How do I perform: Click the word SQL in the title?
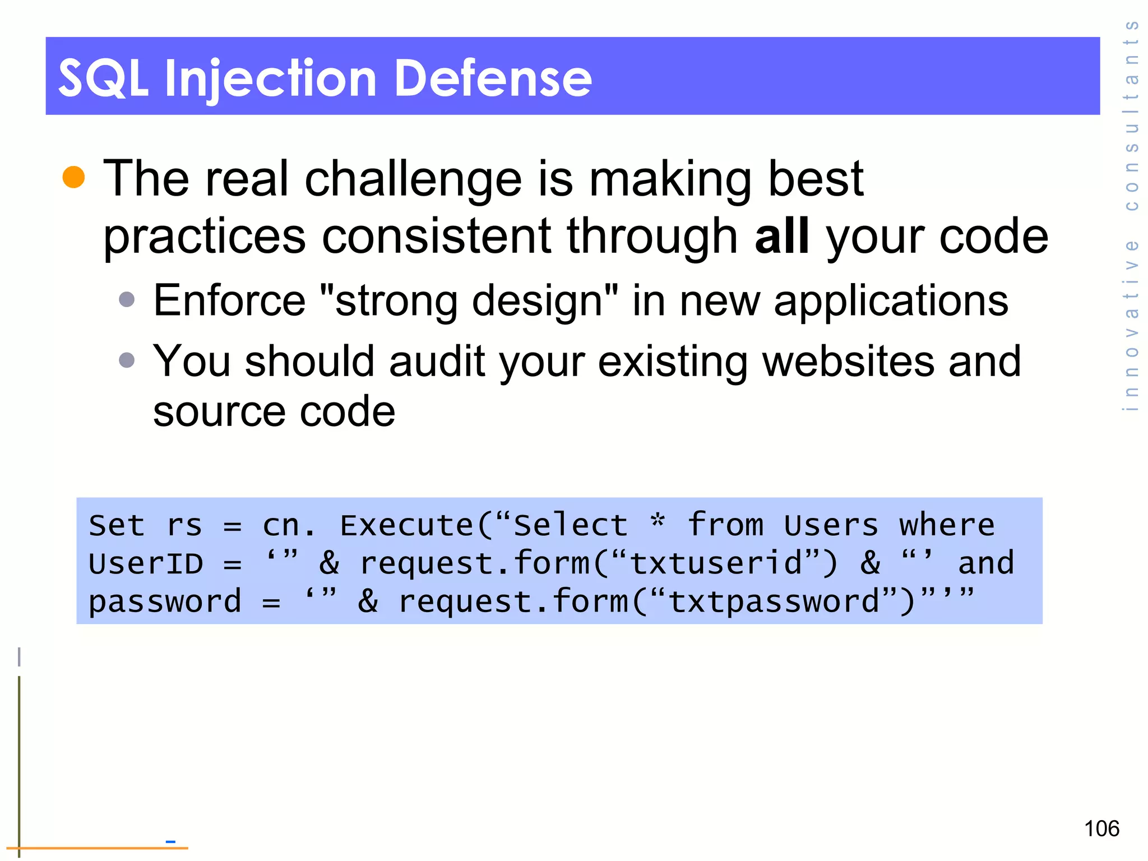[x=103, y=78]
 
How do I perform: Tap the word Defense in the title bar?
[x=493, y=78]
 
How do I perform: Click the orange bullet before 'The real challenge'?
[x=73, y=177]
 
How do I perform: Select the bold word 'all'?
[x=781, y=236]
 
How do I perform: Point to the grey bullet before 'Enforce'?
[x=127, y=299]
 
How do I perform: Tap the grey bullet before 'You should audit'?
[x=127, y=360]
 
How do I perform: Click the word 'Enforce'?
[x=229, y=301]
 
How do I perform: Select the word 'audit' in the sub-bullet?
[x=437, y=362]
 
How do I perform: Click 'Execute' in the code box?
[x=407, y=526]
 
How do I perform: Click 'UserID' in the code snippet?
[x=146, y=563]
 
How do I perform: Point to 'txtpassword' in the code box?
[x=774, y=602]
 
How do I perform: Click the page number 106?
[x=1101, y=828]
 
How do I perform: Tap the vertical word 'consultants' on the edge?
[x=1132, y=115]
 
